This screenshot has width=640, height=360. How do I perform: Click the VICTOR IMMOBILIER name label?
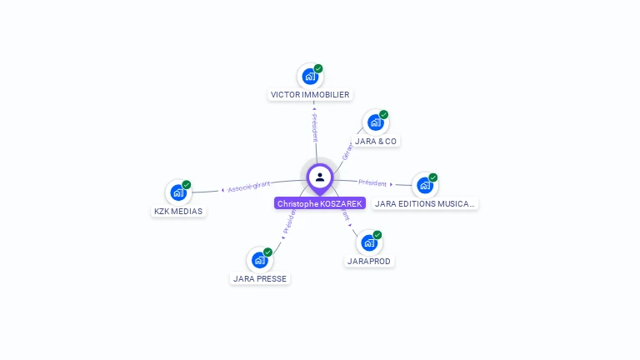point(310,95)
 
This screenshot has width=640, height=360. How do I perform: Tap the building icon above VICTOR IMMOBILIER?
point(310,77)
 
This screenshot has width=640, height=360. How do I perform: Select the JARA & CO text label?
point(376,141)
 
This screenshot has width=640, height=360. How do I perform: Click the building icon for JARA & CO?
point(375,123)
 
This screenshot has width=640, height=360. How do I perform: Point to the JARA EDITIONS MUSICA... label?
point(425,203)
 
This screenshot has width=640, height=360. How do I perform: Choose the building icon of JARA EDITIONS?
point(424,186)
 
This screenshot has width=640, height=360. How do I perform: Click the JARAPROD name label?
point(369,261)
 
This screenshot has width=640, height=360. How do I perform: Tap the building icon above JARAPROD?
point(368,243)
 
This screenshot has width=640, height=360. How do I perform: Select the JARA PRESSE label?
point(260,278)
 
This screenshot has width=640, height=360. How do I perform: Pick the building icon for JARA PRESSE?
point(259,260)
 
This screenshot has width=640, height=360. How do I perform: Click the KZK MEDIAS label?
point(178,211)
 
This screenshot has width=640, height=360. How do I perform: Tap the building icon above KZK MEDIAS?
point(177,192)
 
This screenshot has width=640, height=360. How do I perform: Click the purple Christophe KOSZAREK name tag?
point(320,203)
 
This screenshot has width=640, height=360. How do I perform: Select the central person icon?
point(320,177)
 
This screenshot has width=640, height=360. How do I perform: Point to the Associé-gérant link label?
point(249,187)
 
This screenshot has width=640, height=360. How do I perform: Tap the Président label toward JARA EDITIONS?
point(372,182)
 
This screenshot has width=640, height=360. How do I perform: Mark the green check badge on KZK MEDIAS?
point(187,184)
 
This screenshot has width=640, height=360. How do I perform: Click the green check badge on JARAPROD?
point(377,235)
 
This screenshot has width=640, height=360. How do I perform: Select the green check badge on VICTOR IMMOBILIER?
point(318,68)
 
